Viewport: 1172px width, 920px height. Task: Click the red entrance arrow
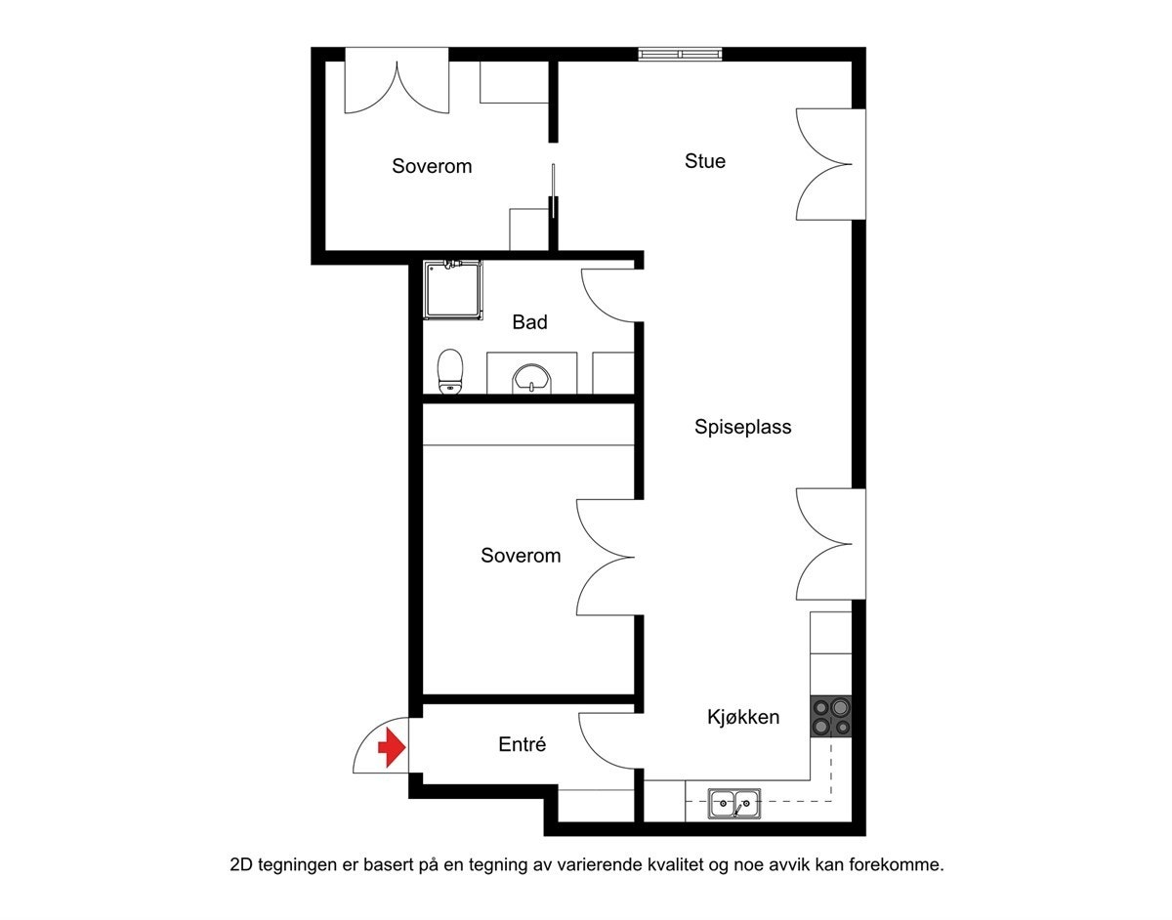[392, 748]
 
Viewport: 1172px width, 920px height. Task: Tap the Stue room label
[705, 161]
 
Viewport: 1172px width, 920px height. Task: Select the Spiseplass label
[743, 427]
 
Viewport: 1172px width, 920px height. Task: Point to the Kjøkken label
[743, 718]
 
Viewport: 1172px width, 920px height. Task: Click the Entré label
[522, 745]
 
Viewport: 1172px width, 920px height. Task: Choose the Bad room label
[529, 322]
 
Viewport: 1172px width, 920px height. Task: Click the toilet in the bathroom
[450, 371]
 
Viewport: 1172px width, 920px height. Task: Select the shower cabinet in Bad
[453, 289]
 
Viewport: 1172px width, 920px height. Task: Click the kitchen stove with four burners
[830, 717]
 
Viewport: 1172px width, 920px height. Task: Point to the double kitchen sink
[733, 803]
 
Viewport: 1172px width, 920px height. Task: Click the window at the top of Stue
[681, 54]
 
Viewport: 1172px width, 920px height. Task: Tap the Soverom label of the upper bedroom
[432, 166]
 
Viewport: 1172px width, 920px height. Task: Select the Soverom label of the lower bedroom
[521, 556]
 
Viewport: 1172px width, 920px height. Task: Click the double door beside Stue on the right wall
[826, 164]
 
